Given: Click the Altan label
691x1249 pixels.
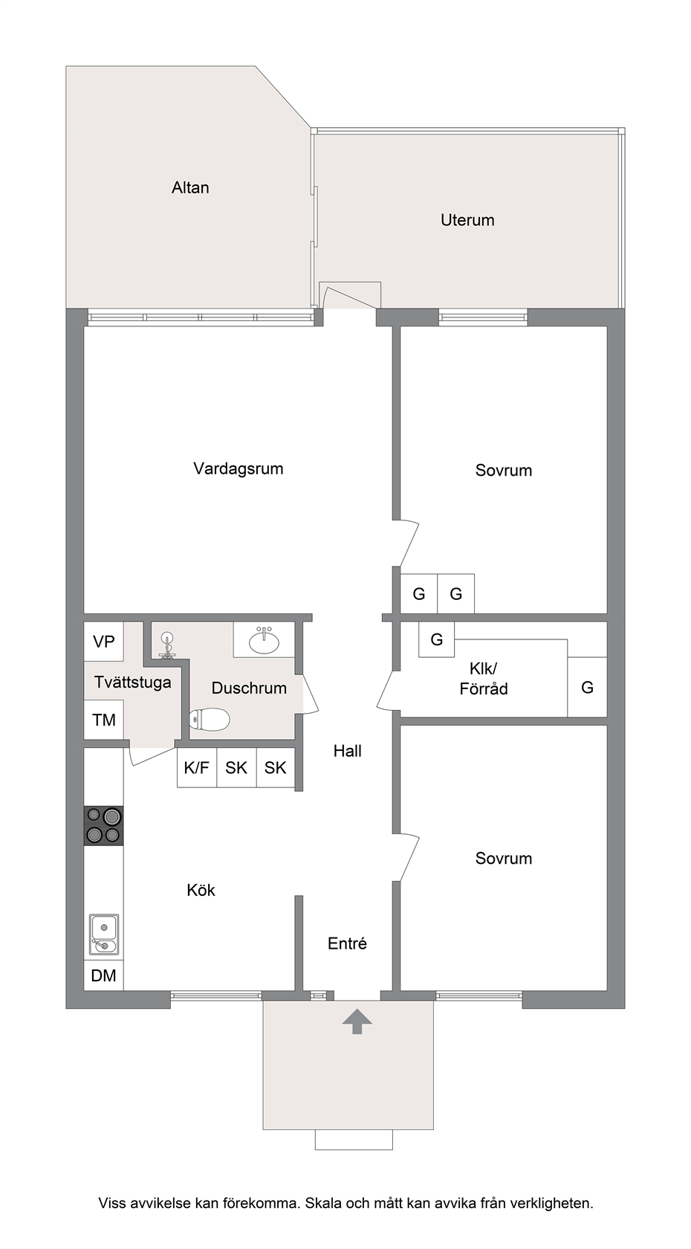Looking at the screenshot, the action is pyautogui.click(x=190, y=188).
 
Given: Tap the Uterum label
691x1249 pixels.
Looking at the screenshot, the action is pyautogui.click(x=467, y=220).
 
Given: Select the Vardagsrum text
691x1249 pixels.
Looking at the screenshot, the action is pyautogui.click(x=239, y=469).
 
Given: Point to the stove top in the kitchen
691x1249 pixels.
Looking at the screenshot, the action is pyautogui.click(x=104, y=826).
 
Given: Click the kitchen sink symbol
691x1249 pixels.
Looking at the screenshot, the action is pyautogui.click(x=104, y=935).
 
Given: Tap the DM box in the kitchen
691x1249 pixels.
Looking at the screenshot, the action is pyautogui.click(x=104, y=975).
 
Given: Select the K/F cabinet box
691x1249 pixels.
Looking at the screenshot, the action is pyautogui.click(x=197, y=768).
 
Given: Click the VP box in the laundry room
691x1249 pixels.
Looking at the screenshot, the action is pyautogui.click(x=104, y=642).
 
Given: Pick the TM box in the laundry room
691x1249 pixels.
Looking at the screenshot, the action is pyautogui.click(x=104, y=720).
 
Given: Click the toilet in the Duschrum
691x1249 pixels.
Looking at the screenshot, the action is pyautogui.click(x=209, y=720).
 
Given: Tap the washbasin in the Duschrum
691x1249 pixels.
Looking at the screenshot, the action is pyautogui.click(x=265, y=640).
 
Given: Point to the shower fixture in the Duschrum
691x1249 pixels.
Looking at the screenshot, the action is pyautogui.click(x=166, y=646).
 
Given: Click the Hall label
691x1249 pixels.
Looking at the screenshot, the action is pyautogui.click(x=348, y=751).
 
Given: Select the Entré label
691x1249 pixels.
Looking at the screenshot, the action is pyautogui.click(x=347, y=943).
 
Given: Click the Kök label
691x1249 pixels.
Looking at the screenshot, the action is pyautogui.click(x=201, y=890).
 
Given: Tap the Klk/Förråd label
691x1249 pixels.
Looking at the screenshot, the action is pyautogui.click(x=484, y=679).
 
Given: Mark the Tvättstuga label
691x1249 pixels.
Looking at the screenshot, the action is pyautogui.click(x=132, y=682).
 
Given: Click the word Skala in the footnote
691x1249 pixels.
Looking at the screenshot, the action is pyautogui.click(x=323, y=1203).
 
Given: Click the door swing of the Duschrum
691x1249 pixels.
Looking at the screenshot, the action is pyautogui.click(x=311, y=694).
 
